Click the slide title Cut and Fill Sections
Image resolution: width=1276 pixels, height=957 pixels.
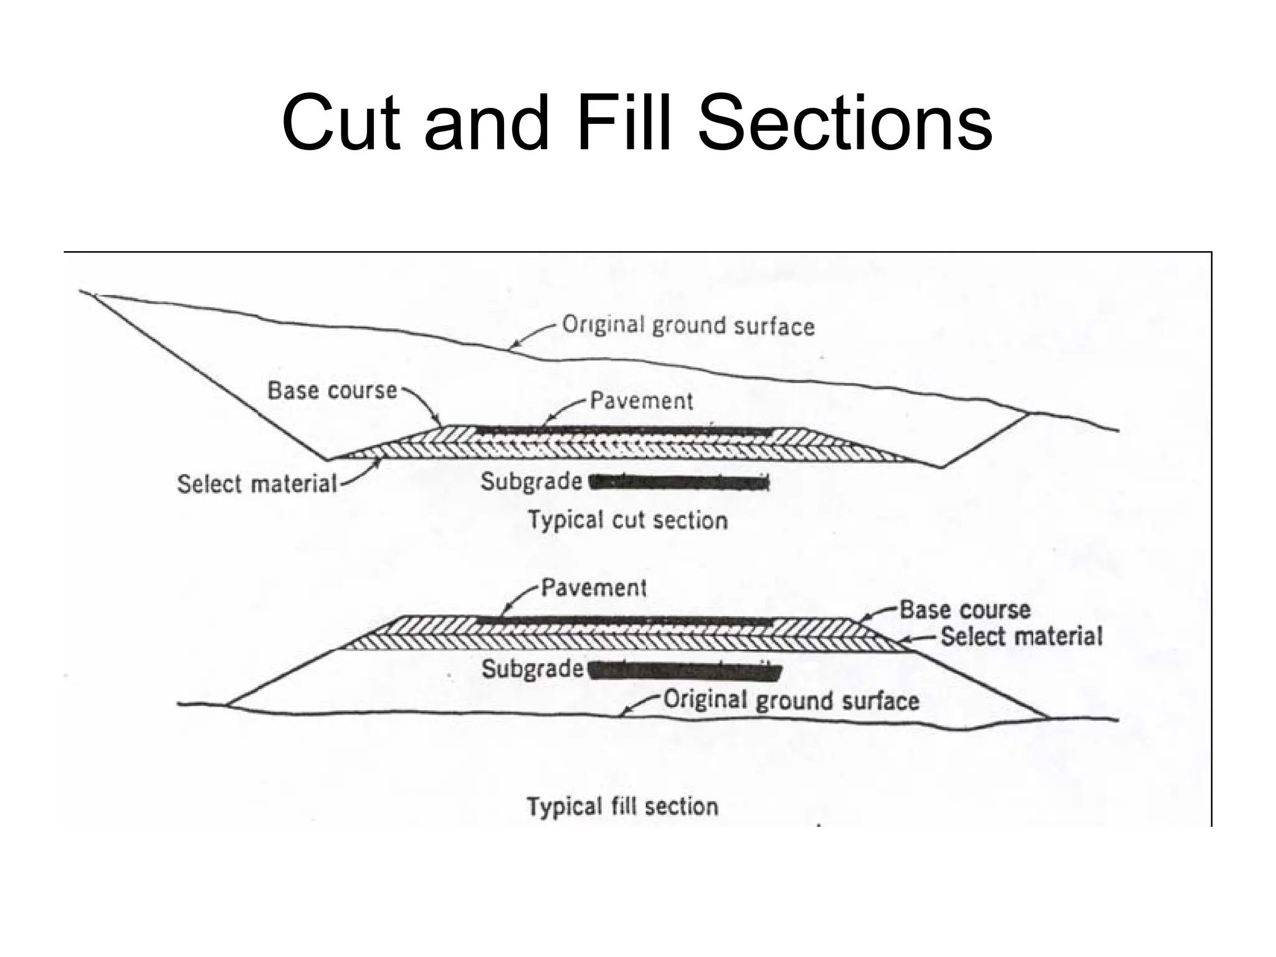coord(637,123)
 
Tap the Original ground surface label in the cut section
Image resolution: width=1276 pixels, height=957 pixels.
coord(688,326)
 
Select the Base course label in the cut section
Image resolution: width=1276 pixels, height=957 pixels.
coord(332,391)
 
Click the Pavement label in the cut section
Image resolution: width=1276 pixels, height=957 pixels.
coord(641,401)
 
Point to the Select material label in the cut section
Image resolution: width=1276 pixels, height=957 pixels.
coord(257,484)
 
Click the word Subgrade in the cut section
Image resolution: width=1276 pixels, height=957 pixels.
coord(531,482)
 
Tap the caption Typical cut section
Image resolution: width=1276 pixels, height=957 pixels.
coord(627,520)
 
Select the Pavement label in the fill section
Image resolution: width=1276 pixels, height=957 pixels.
coord(593,588)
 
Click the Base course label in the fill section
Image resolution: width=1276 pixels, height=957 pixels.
coord(964,609)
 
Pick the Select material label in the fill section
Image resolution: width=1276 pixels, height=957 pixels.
coord(1021,637)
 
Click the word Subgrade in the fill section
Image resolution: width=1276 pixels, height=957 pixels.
coord(532,669)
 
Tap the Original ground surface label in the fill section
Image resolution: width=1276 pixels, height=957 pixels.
coord(791,700)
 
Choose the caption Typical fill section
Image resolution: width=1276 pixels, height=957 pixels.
coord(622,806)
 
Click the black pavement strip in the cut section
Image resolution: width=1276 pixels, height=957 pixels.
coord(623,431)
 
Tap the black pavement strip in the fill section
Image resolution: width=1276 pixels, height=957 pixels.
coord(623,621)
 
